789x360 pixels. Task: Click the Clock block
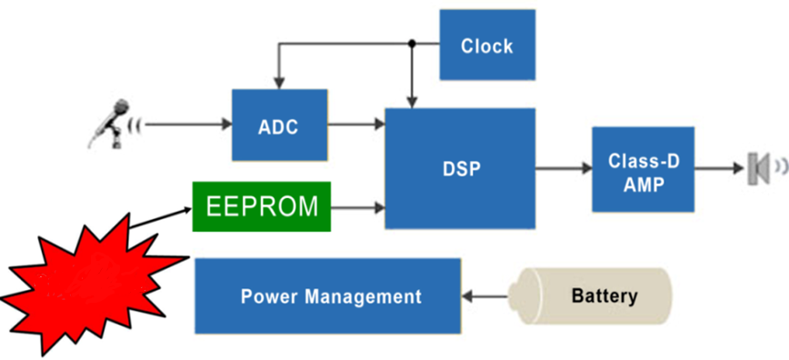point(487,45)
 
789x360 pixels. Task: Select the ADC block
point(279,125)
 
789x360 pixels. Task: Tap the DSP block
point(460,168)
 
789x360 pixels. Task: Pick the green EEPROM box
point(262,206)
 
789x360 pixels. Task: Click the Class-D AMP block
point(643,169)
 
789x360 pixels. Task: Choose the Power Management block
point(327,295)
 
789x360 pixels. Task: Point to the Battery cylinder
point(589,296)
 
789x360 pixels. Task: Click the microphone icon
point(109,124)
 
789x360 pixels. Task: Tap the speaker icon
point(758,169)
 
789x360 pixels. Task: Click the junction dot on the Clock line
point(412,44)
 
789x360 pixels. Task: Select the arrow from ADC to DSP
point(356,124)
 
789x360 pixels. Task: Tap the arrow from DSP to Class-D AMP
point(564,168)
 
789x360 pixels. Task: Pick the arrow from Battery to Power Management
point(484,296)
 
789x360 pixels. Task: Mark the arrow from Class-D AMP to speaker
point(719,168)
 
